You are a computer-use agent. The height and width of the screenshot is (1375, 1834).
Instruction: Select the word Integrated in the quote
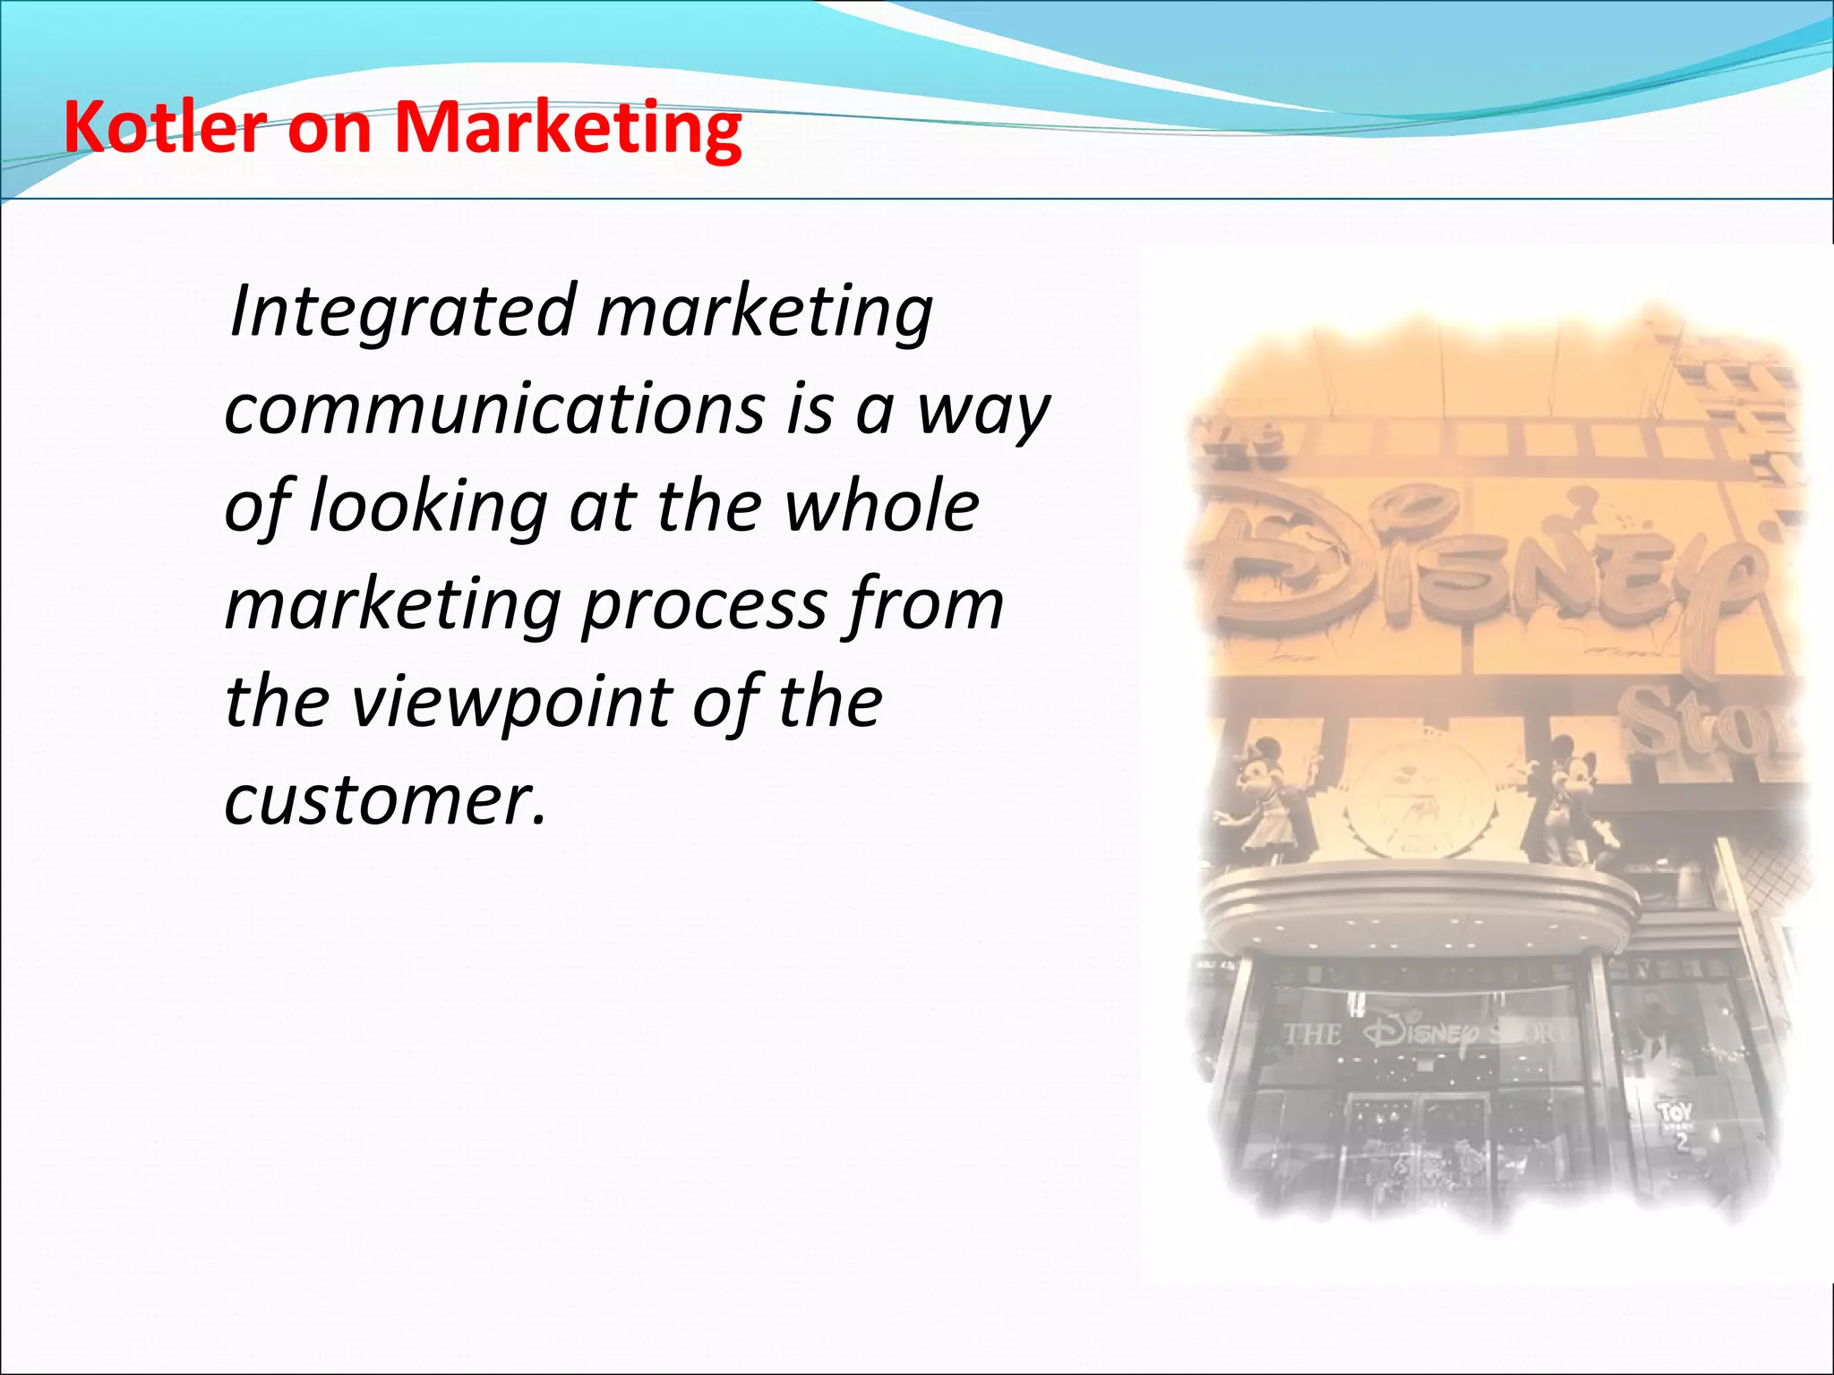[402, 311]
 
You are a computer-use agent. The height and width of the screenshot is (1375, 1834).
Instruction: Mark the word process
[704, 606]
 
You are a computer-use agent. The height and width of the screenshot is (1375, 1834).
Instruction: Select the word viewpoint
[510, 703]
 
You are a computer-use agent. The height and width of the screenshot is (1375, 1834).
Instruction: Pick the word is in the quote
[810, 409]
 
